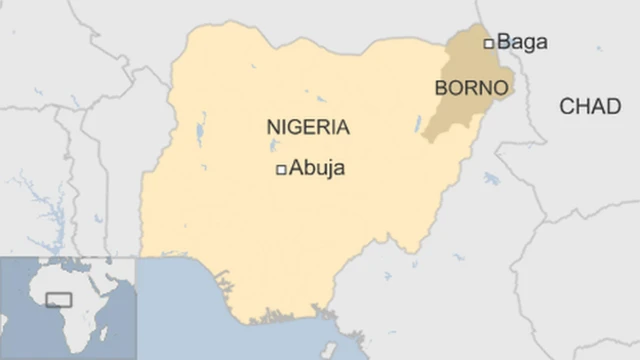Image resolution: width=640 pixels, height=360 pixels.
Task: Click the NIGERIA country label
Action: (308, 128)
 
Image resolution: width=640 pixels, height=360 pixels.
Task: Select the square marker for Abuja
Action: (282, 169)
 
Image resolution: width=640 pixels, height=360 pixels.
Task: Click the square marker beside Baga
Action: (489, 43)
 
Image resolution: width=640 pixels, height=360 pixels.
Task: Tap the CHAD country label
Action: (590, 107)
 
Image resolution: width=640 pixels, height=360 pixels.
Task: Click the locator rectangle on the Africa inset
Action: (59, 299)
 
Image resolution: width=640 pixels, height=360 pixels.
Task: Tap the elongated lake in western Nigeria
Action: (202, 130)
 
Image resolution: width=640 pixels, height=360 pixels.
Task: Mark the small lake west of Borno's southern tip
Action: (416, 123)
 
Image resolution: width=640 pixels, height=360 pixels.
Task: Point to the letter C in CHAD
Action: (567, 107)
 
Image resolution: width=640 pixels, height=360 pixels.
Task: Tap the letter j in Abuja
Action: (326, 170)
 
